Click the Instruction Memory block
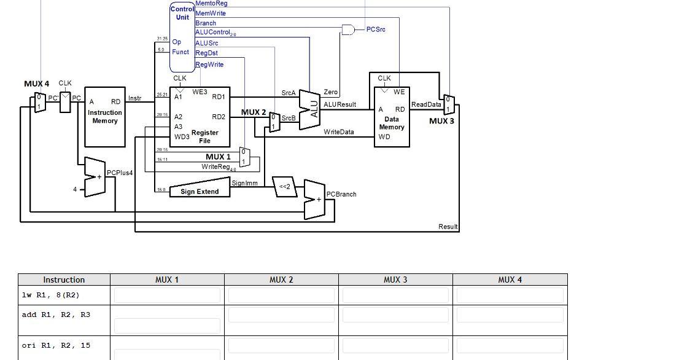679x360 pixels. pyautogui.click(x=105, y=117)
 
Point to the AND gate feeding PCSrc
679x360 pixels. pyautogui.click(x=348, y=29)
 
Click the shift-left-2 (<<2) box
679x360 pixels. pyautogui.click(x=285, y=187)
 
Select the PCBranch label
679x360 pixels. pyautogui.click(x=341, y=194)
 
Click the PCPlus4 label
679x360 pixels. pyautogui.click(x=120, y=173)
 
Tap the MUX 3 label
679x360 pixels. pyautogui.click(x=442, y=121)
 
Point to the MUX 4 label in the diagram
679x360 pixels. pyautogui.click(x=36, y=84)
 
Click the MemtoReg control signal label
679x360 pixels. pyautogui.click(x=211, y=4)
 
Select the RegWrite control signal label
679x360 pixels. pyautogui.click(x=209, y=65)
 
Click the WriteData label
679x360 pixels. pyautogui.click(x=339, y=132)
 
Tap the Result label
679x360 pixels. pyautogui.click(x=448, y=227)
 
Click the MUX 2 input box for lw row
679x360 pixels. pyautogui.click(x=281, y=295)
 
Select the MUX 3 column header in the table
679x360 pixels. pyautogui.click(x=395, y=280)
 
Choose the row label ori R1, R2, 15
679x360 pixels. pyautogui.click(x=56, y=345)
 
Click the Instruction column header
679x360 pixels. pyautogui.click(x=64, y=280)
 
